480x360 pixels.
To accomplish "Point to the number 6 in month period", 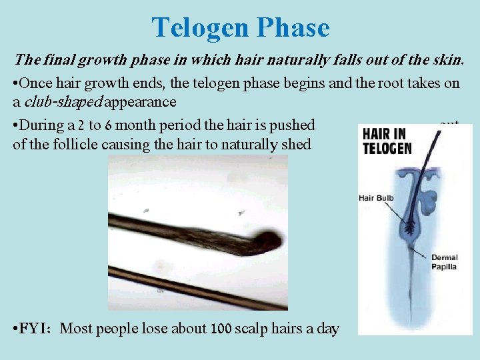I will click(107, 125).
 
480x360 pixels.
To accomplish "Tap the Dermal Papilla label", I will click(445, 262).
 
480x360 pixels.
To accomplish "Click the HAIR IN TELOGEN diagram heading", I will click(387, 141).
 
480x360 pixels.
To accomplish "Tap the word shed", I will click(296, 144).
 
